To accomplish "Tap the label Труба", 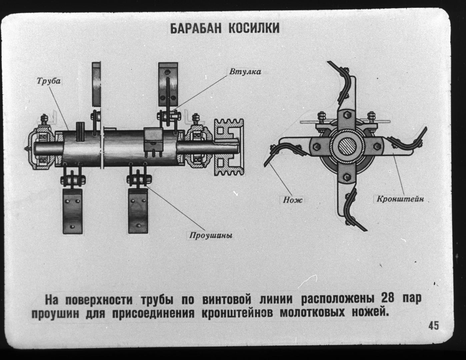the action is coord(49,81).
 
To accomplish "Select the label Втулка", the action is coord(245,72).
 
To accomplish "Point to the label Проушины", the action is coord(211,235).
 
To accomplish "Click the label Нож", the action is coord(293,200).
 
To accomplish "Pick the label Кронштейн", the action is coord(400,199).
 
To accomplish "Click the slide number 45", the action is coord(434,325).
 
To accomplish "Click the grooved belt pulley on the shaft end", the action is coord(229,147).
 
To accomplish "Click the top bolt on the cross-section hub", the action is coord(347,115).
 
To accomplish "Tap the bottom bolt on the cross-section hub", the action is coord(347,177).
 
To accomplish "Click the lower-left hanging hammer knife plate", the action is coord(72,211).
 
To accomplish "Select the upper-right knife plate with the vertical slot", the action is coord(168,84).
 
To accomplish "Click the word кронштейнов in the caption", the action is coord(237,313).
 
